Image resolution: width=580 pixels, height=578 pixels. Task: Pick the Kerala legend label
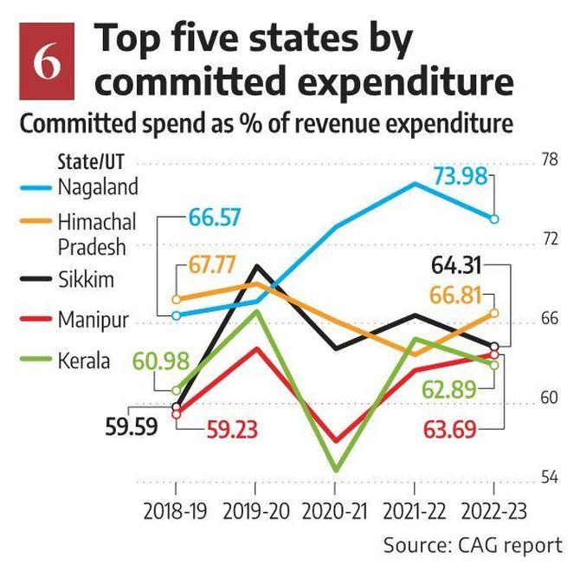(x=84, y=360)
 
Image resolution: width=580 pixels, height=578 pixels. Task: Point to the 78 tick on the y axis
(x=549, y=159)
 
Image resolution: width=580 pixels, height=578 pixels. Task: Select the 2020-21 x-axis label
(x=335, y=511)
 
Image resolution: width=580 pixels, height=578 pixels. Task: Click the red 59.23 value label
(x=231, y=429)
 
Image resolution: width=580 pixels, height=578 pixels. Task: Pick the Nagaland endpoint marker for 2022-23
(x=494, y=218)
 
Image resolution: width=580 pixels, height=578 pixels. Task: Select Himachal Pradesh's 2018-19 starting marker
(x=177, y=299)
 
